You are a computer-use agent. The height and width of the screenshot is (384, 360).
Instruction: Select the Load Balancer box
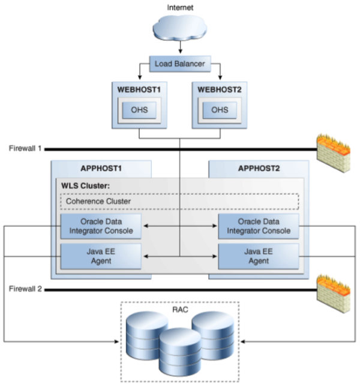click(x=180, y=62)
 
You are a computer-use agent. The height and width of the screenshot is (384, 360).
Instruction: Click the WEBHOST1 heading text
click(x=138, y=89)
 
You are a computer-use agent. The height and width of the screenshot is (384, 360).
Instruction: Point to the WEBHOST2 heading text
click(x=220, y=89)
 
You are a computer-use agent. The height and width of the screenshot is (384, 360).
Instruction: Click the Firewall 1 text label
click(x=25, y=148)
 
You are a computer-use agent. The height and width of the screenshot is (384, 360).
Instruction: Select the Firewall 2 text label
click(x=25, y=289)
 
